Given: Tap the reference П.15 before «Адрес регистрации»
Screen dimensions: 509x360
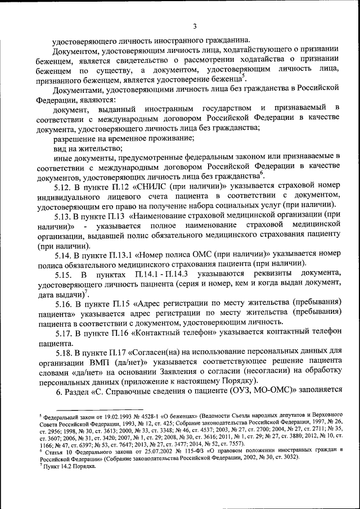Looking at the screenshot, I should pos(120,302).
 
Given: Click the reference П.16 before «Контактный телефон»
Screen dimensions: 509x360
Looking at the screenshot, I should pos(120,332).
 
